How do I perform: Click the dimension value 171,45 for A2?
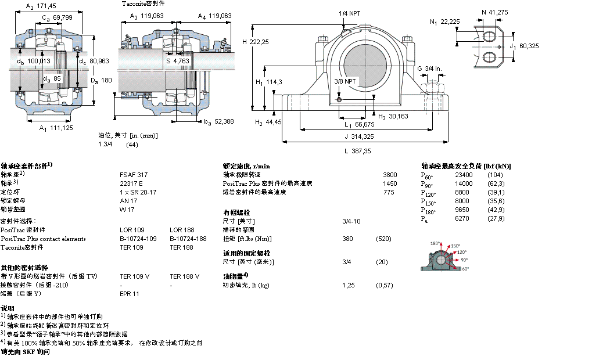[x=46, y=6]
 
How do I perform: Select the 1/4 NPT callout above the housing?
[x=350, y=13]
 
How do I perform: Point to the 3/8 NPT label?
[x=345, y=81]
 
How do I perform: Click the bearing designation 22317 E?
[x=131, y=183]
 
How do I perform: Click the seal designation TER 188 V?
[x=184, y=276]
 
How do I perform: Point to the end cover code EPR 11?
[x=130, y=294]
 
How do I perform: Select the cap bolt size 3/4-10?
[x=351, y=221]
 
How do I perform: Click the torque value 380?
[x=347, y=239]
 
